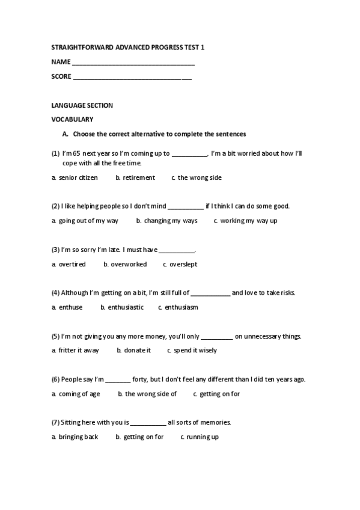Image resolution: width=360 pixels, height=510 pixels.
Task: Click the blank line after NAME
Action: [x=133, y=63]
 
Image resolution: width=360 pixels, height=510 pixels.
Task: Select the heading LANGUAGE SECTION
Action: [x=82, y=105]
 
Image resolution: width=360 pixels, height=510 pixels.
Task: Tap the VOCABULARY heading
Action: [x=72, y=120]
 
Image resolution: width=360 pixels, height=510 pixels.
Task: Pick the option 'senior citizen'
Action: [x=78, y=177]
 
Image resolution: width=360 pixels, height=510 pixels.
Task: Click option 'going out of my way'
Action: [x=88, y=221]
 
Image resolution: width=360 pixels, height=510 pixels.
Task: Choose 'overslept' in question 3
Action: [x=183, y=264]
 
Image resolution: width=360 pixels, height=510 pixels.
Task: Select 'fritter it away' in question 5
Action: [x=79, y=350]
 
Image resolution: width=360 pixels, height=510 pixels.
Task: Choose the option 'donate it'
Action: [x=136, y=350]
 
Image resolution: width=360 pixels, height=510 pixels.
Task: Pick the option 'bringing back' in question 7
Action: [x=78, y=437]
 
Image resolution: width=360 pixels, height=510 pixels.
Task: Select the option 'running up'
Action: [x=202, y=437]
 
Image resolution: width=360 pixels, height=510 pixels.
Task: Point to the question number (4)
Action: [x=55, y=293]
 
